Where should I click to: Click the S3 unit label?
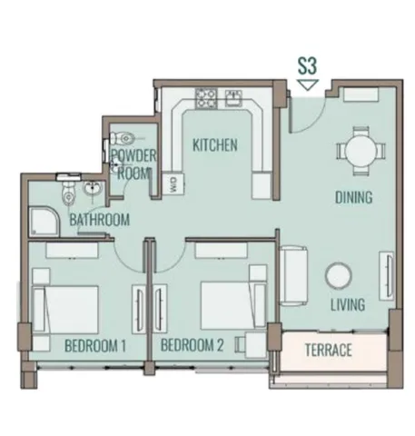coord(307,66)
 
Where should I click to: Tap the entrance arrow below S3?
coord(308,84)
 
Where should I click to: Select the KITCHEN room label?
coord(215,145)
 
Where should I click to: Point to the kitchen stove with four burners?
coord(206,98)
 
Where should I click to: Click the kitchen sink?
coord(233,97)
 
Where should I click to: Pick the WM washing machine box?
coord(173,184)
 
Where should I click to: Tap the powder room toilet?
coord(124,139)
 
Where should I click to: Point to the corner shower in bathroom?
coord(44,222)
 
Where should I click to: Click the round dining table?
coord(361,151)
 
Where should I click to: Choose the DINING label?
coord(353,197)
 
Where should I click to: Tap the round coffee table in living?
coord(339,276)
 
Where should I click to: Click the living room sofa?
coord(293,276)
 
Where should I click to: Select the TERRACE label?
coord(328,350)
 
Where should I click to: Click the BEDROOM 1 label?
coord(95,346)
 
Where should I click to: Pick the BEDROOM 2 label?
coord(193,345)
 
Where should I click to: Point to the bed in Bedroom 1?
coord(65,309)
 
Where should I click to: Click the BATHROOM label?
coord(100,220)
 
